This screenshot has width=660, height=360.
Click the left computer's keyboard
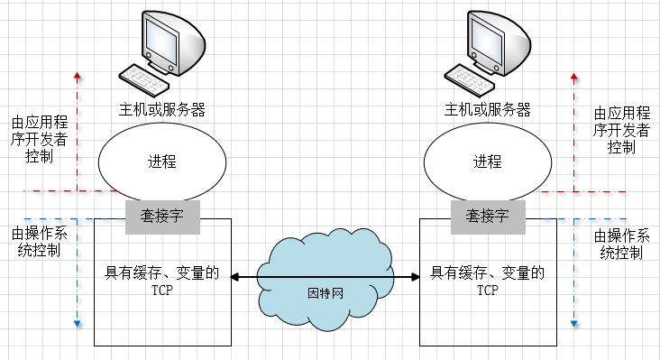pos(144,79)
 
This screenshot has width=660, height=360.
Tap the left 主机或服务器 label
pos(162,110)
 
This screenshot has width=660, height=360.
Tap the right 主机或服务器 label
pos(488,110)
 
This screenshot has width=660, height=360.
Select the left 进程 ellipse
pos(161,162)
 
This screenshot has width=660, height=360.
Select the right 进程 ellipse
pos(487,162)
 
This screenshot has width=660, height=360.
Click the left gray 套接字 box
pos(162,217)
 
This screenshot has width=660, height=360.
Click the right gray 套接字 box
pos(488,217)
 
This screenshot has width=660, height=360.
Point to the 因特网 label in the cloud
pos(325,293)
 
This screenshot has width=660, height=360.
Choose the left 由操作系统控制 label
pos(36,242)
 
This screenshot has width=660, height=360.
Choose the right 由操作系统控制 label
pos(621,245)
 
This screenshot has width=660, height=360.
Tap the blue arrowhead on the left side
pos(78,323)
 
